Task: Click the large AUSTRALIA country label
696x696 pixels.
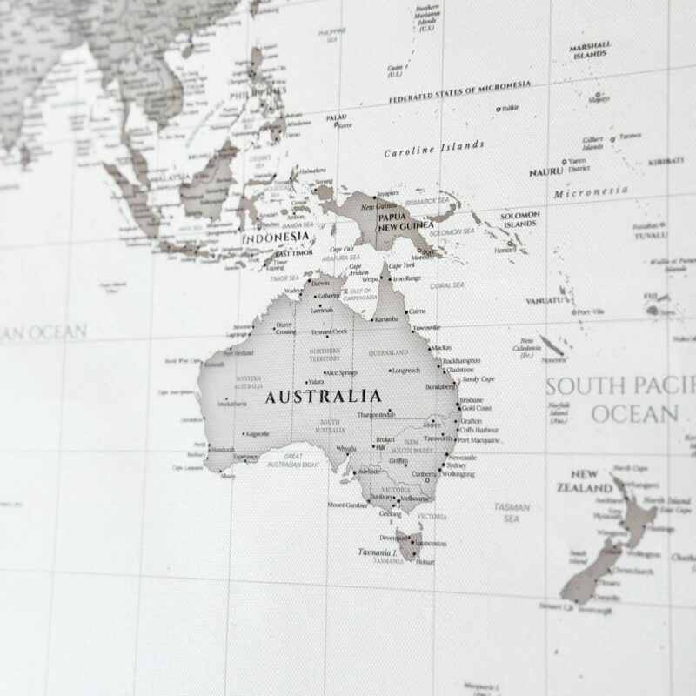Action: pos(323,397)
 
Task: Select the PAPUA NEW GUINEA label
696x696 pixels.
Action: pos(405,220)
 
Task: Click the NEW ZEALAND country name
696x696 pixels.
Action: pos(585,481)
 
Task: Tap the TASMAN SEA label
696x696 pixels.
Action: pos(512,512)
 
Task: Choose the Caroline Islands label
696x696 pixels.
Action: pos(434,149)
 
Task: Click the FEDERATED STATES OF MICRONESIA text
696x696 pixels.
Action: pos(459,90)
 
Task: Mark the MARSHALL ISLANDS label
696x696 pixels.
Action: pos(590,50)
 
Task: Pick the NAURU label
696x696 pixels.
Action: pos(545,172)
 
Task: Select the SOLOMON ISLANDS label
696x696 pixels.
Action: pos(521,218)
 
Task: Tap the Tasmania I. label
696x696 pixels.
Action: pos(377,552)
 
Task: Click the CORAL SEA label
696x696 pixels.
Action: pos(447,284)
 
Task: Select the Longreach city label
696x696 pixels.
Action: pos(405,371)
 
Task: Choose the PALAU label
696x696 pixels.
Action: pos(337,117)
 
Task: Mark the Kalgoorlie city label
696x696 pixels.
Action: pos(257,432)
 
